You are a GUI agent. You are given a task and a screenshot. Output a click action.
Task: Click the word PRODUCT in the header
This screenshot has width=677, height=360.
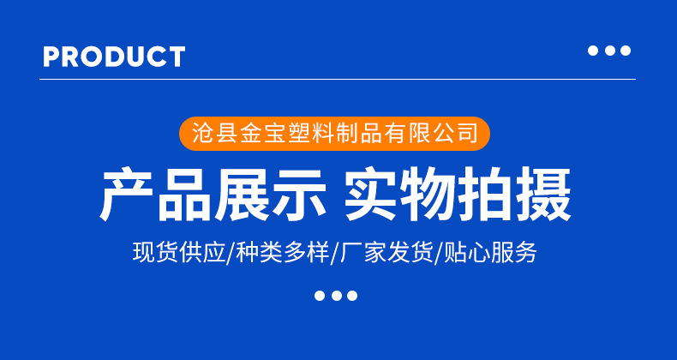tap(114, 57)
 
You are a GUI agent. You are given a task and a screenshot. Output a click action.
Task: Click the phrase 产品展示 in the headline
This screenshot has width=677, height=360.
tap(213, 195)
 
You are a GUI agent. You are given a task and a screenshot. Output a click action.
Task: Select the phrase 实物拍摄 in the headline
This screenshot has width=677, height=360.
tap(458, 195)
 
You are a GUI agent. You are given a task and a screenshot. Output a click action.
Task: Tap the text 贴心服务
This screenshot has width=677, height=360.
tap(490, 253)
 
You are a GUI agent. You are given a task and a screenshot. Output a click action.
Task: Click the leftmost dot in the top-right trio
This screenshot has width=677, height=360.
tap(592, 51)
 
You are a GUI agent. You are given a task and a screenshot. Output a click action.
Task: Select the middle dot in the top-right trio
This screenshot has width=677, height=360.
tap(609, 51)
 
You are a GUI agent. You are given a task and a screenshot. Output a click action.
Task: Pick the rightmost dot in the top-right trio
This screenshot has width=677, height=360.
tap(626, 51)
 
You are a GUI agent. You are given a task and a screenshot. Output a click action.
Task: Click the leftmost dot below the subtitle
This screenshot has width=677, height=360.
tap(320, 296)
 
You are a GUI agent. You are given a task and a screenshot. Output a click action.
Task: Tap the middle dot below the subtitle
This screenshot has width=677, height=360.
tap(335, 296)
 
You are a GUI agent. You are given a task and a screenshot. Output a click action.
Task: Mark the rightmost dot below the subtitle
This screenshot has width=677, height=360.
tap(351, 296)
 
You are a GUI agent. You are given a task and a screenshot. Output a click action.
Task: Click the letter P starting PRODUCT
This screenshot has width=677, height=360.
tap(51, 57)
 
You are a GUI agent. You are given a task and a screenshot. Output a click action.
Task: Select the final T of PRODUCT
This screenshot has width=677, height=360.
tap(177, 57)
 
